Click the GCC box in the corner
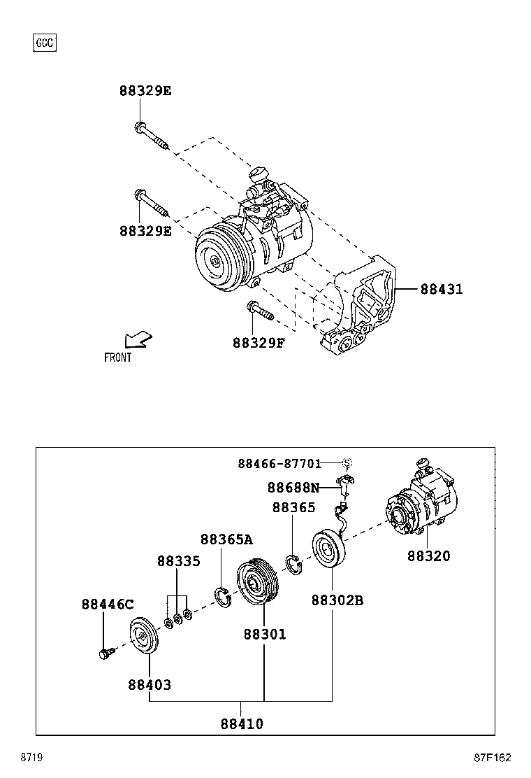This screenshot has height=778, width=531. pyautogui.click(x=45, y=43)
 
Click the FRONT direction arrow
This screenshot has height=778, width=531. pyautogui.click(x=138, y=339)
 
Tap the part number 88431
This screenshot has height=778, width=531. pyautogui.click(x=441, y=289)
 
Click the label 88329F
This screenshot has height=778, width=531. pyautogui.click(x=259, y=343)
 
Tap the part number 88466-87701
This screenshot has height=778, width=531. pyautogui.click(x=279, y=463)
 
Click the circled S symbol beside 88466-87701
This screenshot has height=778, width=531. pyautogui.click(x=347, y=463)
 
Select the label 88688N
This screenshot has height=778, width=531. pyautogui.click(x=293, y=488)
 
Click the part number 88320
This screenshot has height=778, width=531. pyautogui.click(x=429, y=556)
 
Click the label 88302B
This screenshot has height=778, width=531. pyautogui.click(x=337, y=601)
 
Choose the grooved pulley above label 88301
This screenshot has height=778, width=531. pyautogui.click(x=256, y=582)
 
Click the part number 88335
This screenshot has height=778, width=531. pyautogui.click(x=178, y=561)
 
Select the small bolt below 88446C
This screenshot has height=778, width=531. pyautogui.click(x=106, y=654)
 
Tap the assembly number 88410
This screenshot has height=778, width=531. pyautogui.click(x=242, y=724)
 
